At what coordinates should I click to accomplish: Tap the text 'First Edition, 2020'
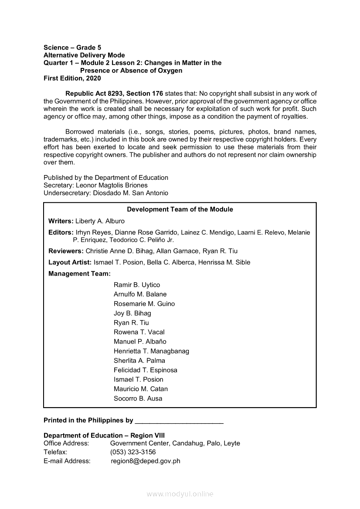[72, 78]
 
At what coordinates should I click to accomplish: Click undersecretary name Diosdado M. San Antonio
[130, 193]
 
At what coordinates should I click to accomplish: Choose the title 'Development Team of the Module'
[180, 209]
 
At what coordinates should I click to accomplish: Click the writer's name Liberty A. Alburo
[100, 221]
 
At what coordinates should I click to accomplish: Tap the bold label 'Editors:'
[61, 233]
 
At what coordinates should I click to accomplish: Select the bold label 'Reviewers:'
[66, 251]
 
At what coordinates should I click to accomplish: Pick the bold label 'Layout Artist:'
[70, 263]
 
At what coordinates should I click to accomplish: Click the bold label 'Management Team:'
[79, 274]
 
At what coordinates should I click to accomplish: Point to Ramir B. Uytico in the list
[137, 285]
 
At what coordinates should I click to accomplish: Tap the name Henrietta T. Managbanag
[151, 351]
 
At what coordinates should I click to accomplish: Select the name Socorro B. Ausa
[138, 398]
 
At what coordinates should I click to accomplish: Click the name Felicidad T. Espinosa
[145, 370]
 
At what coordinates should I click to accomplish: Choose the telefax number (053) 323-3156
[133, 452]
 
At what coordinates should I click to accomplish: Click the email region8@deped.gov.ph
[145, 461]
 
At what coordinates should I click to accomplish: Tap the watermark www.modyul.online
[180, 494]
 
